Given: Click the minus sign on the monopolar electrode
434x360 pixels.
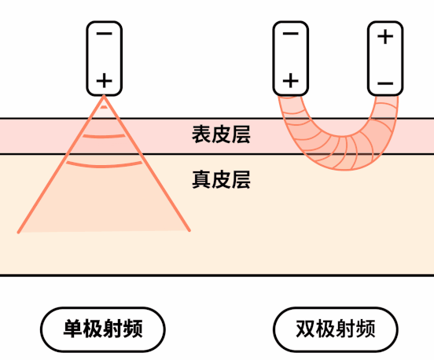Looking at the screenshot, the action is pyautogui.click(x=104, y=34).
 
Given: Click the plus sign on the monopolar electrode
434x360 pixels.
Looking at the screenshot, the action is pyautogui.click(x=104, y=81).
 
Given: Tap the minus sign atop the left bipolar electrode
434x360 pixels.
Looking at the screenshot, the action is pyautogui.click(x=291, y=34).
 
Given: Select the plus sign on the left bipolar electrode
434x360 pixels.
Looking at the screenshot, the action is pyautogui.click(x=291, y=81).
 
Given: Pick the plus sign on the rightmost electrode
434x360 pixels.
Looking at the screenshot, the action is pyautogui.click(x=385, y=36).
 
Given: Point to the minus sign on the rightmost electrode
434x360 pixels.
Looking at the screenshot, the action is pyautogui.click(x=385, y=83).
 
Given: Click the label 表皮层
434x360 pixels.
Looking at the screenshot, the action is pyautogui.click(x=221, y=134).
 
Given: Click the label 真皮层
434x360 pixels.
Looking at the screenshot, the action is pyautogui.click(x=221, y=179).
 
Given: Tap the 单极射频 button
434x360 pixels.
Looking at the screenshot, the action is pyautogui.click(x=103, y=329).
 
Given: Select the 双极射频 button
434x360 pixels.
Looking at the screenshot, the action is pyautogui.click(x=336, y=329).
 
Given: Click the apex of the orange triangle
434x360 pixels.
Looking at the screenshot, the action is pyautogui.click(x=104, y=96).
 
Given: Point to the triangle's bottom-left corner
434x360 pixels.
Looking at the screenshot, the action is pyautogui.click(x=19, y=232).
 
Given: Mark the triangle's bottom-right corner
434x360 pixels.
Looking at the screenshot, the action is pyautogui.click(x=189, y=230).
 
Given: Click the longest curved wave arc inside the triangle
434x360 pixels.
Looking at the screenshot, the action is pyautogui.click(x=104, y=166).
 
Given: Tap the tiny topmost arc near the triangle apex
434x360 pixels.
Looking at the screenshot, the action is pyautogui.click(x=104, y=107).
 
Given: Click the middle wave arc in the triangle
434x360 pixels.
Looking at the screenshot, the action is pyautogui.click(x=104, y=137).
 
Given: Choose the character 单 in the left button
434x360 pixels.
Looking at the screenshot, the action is pyautogui.click(x=73, y=329).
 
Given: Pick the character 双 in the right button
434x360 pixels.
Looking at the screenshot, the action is pyautogui.click(x=306, y=329).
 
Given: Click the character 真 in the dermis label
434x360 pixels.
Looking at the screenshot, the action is pyautogui.click(x=201, y=179).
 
